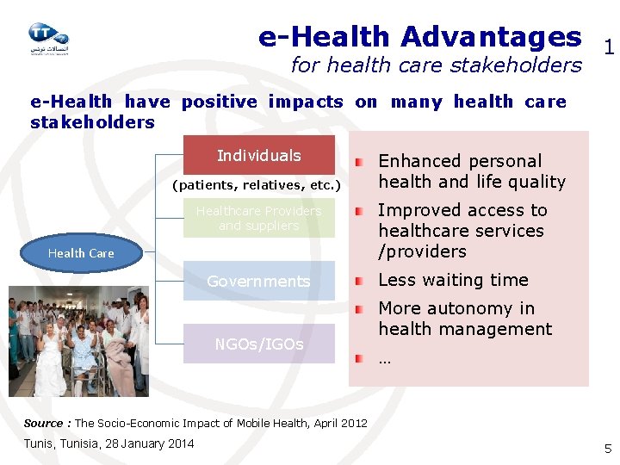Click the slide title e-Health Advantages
(x=419, y=36)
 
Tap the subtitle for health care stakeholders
(x=436, y=65)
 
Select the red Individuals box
(x=258, y=155)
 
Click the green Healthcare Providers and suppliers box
(x=258, y=218)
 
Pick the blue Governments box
(x=258, y=281)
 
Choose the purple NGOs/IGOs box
(x=258, y=344)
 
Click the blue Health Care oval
(x=81, y=252)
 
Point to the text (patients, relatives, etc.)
(x=257, y=185)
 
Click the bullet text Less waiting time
(x=453, y=280)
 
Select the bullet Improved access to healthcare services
(x=462, y=231)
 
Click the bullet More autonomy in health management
(x=465, y=319)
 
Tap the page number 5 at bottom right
(x=607, y=448)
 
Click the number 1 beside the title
(x=608, y=49)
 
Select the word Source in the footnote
(x=43, y=423)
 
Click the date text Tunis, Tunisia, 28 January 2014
(x=108, y=443)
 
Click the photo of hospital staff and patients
(x=79, y=340)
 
